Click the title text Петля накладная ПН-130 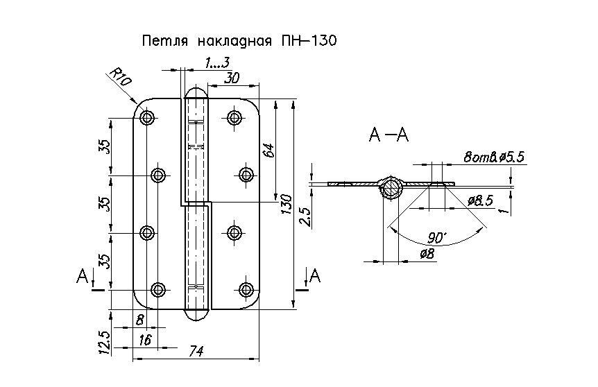coord(239,40)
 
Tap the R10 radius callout coord(121,78)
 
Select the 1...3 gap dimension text coord(217,63)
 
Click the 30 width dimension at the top coord(232,78)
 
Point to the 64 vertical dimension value coord(268,151)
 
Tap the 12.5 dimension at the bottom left coord(104,342)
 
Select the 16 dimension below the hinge coord(146,339)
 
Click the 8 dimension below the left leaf coord(140,320)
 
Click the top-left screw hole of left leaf coord(147,117)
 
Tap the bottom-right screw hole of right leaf coord(247,289)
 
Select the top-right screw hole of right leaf coord(234,117)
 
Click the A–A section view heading coord(388,135)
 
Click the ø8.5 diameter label coord(480,201)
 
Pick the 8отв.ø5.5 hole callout coord(494,157)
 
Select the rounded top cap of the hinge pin coord(196,93)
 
